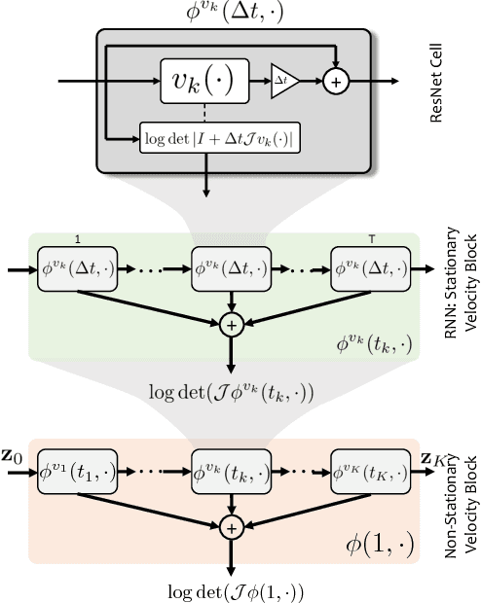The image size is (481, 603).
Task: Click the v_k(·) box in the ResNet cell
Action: click(203, 81)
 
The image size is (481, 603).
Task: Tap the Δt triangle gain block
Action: click(284, 82)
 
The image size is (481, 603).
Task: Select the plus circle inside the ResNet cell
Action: click(335, 82)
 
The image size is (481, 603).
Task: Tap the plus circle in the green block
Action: click(231, 324)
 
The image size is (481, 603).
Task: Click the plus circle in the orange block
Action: click(231, 528)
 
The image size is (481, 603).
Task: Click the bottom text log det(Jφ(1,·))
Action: click(231, 590)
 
